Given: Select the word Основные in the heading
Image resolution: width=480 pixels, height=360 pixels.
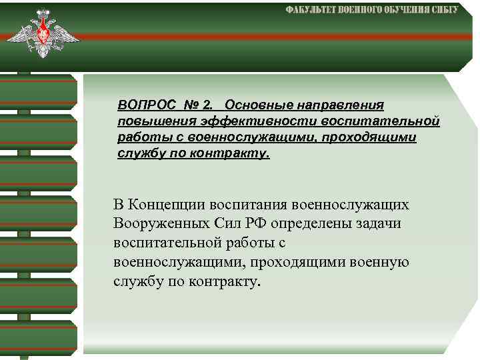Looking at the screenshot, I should (253, 106).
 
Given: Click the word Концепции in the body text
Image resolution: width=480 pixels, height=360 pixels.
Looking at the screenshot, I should (168, 204).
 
